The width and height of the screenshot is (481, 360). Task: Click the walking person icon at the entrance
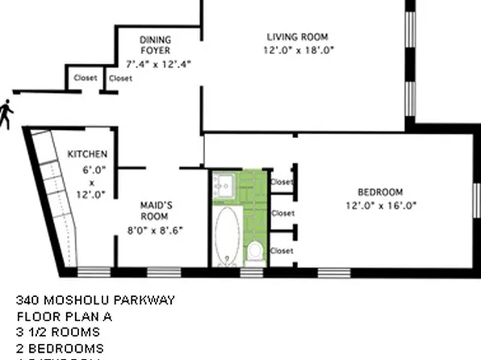(6, 114)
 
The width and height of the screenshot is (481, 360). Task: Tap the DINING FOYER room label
(154, 45)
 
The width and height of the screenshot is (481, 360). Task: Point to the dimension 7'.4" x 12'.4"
(157, 63)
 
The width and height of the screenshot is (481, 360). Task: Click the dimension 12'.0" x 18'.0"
(298, 50)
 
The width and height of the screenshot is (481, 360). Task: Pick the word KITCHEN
(87, 154)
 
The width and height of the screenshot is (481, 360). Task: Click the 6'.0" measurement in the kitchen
(94, 170)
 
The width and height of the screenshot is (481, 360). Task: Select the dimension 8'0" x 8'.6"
(157, 230)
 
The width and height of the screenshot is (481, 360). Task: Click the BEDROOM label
(379, 191)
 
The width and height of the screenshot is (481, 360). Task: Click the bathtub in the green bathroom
(227, 234)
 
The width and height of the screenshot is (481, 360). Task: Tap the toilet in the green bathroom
(254, 251)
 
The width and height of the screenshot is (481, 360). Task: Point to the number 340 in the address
(28, 300)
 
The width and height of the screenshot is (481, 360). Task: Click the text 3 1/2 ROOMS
(58, 332)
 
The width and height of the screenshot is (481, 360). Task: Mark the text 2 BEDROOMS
(60, 348)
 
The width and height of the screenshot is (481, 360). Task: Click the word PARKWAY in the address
(145, 300)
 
